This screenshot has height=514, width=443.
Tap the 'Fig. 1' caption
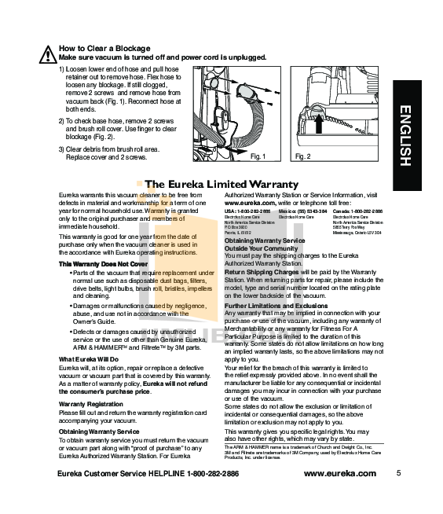click(258, 156)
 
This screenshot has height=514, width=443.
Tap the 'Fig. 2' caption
click(302, 156)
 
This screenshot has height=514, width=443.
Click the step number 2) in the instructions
click(62, 120)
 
